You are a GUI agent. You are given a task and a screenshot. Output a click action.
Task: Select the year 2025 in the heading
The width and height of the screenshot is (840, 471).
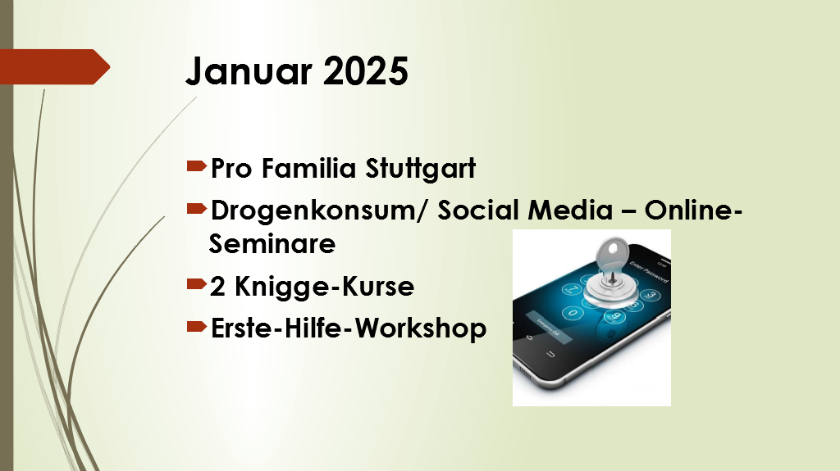point(365,70)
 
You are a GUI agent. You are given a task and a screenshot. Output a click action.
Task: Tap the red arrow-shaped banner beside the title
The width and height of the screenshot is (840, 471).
point(55,67)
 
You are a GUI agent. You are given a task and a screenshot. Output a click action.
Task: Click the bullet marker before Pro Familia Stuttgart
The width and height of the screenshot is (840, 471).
point(197,166)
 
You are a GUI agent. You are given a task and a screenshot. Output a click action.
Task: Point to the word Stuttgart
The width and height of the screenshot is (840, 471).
point(421,168)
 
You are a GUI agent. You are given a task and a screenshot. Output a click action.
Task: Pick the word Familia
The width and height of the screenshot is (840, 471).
point(309,168)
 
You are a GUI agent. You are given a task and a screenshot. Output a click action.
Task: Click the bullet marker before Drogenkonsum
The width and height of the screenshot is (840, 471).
point(197,208)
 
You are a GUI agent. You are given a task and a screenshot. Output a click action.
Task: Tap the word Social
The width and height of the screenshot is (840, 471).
point(478,210)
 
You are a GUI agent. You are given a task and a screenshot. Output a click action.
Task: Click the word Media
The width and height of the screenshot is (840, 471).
point(571,210)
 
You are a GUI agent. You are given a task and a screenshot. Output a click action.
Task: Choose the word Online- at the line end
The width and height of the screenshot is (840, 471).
point(693,210)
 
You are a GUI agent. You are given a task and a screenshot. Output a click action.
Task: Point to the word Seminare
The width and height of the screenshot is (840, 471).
point(272,243)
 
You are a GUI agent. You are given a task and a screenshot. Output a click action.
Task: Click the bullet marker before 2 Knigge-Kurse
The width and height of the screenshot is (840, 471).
point(197,283)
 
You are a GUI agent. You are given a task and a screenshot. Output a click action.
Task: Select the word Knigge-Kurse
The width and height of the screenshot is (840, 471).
point(324,287)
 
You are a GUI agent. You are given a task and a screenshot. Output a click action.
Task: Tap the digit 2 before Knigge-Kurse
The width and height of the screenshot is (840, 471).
point(217,287)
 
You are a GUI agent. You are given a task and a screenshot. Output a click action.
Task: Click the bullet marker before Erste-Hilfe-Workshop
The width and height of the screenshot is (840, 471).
point(197,326)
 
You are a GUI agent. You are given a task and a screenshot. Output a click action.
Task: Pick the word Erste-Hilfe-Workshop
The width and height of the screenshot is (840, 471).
point(349,328)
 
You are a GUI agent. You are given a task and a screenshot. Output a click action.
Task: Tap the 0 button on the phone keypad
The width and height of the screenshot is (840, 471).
point(573,313)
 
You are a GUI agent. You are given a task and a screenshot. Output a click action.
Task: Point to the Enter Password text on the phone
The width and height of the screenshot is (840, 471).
point(649,272)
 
